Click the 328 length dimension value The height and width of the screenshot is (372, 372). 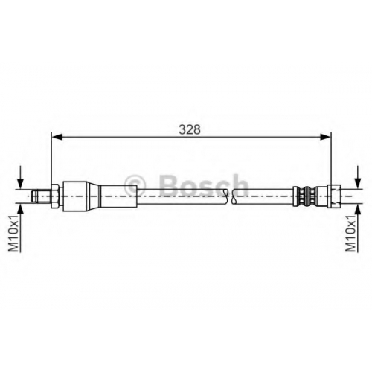[x=190, y=129]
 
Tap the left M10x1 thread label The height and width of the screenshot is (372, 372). [x=13, y=233]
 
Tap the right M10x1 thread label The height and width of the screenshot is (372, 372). [x=350, y=233]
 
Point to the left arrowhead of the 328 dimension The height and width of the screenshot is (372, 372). [x=57, y=137]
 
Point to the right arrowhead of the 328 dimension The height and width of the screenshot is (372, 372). [x=326, y=137]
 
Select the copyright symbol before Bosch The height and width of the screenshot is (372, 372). [x=135, y=185]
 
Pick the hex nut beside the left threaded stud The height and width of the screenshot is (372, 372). [x=55, y=196]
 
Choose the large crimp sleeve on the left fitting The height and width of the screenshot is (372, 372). [x=74, y=196]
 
